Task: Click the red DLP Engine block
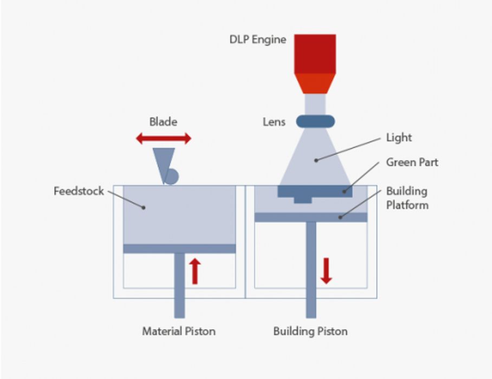[x=315, y=54]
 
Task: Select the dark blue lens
[x=315, y=121]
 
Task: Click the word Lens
[x=274, y=122]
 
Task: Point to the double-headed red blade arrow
[x=163, y=139]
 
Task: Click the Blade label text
[x=163, y=122]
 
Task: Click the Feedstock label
[x=79, y=191]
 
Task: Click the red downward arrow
[x=326, y=271]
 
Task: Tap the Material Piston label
[x=178, y=331]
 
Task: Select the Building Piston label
[x=310, y=331]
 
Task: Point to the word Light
[x=399, y=138]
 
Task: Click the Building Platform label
[x=407, y=198]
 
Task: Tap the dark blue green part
[x=315, y=192]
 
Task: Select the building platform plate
[x=310, y=217]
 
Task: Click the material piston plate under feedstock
[x=179, y=249]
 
